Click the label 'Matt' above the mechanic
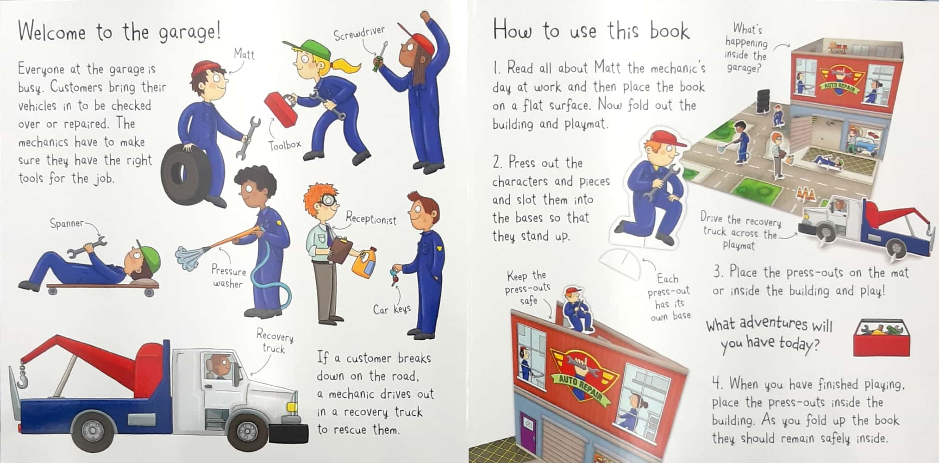coord(244,54)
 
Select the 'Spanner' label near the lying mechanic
coord(67,223)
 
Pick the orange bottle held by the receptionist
coord(364,264)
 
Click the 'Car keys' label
coord(392,309)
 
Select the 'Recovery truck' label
coord(275,342)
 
